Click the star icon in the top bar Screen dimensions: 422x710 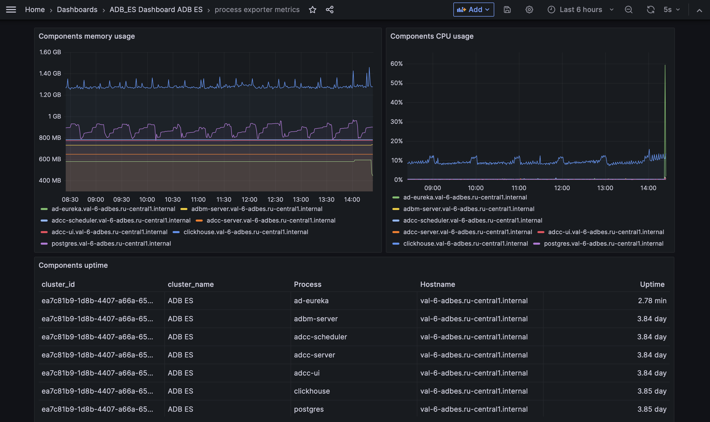click(x=312, y=10)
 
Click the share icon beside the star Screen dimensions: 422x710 click(x=329, y=10)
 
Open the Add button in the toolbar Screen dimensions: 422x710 click(x=473, y=10)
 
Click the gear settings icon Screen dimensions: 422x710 click(x=529, y=10)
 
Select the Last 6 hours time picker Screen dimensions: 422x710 click(x=580, y=10)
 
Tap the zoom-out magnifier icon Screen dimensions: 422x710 click(x=628, y=10)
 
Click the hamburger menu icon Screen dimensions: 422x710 click(x=11, y=10)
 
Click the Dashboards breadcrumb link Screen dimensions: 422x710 click(x=77, y=10)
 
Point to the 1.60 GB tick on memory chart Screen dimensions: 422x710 click(x=50, y=52)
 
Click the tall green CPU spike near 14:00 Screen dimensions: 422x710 click(x=665, y=114)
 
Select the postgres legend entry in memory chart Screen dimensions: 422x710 click(x=111, y=243)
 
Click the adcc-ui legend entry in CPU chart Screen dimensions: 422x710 click(x=606, y=232)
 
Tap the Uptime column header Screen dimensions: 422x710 click(x=652, y=284)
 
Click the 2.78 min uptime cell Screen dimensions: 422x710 click(x=652, y=301)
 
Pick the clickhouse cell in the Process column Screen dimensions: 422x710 click(x=312, y=391)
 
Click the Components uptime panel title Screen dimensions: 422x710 click(x=73, y=265)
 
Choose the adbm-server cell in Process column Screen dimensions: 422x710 click(x=316, y=319)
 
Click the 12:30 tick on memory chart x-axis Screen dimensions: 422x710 click(x=275, y=200)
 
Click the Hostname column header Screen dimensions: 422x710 click(x=437, y=284)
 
